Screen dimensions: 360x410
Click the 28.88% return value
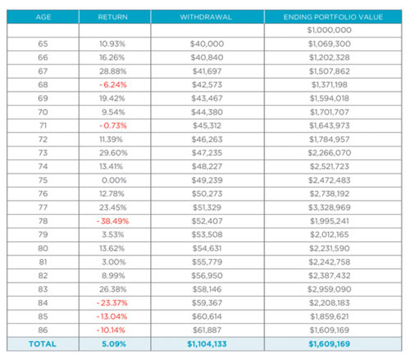(112, 71)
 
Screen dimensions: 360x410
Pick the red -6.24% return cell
(112, 86)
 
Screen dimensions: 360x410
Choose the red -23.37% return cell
(112, 301)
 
